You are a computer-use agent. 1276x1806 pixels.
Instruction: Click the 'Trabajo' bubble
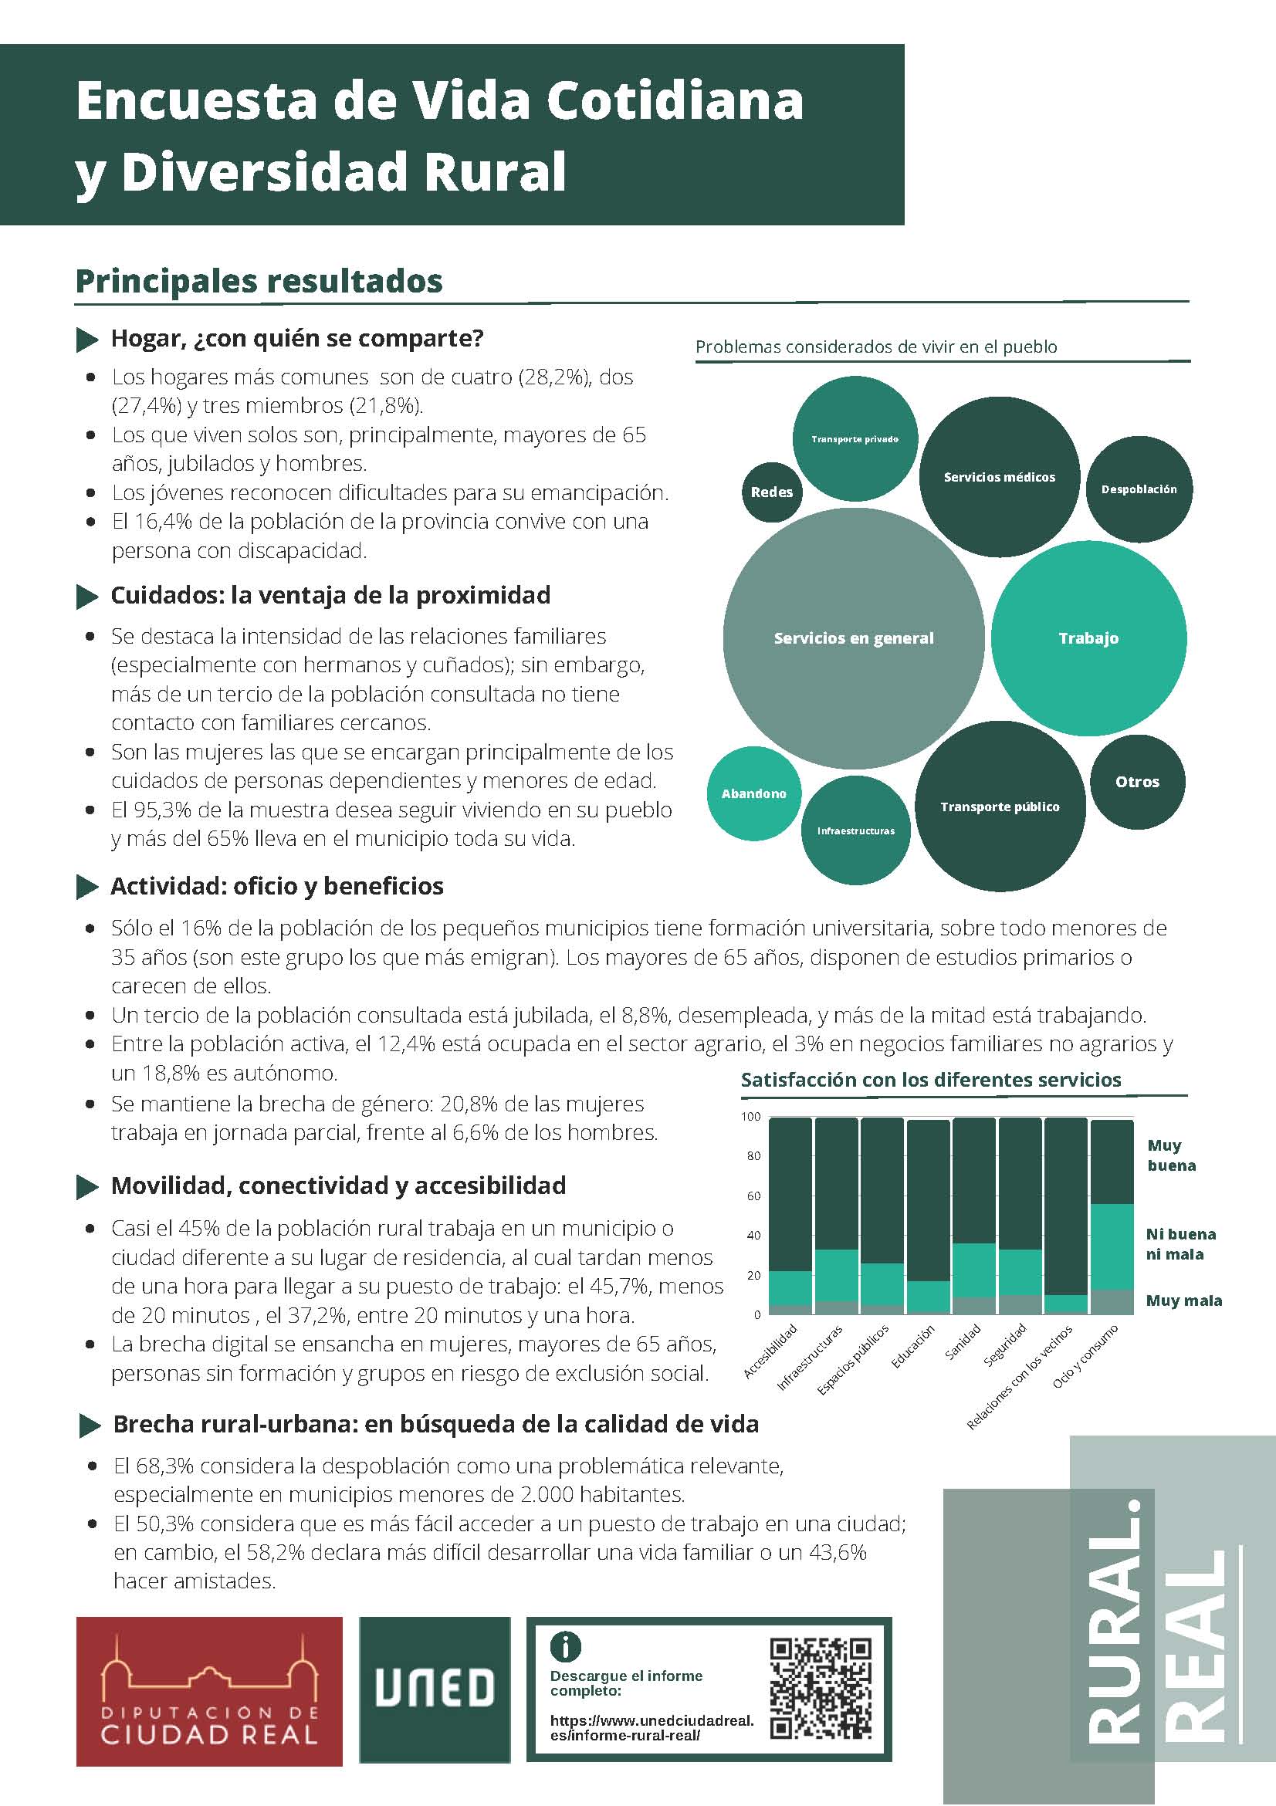[x=1088, y=638]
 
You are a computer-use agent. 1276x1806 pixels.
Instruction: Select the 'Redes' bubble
[x=772, y=492]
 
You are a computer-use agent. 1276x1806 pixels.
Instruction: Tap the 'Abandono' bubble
[x=753, y=793]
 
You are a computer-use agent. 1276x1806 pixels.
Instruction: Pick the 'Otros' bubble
[x=1137, y=781]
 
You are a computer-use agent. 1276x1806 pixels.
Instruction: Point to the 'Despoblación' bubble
[x=1139, y=489]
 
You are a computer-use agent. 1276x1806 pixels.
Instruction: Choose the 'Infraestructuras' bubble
[x=856, y=830]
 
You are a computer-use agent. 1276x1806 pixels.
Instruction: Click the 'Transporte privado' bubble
[x=855, y=439]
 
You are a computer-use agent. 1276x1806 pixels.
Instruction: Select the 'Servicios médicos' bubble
[x=999, y=477]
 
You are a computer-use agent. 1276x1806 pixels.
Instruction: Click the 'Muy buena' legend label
[x=1170, y=1155]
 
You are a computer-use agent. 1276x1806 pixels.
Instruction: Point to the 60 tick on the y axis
[x=753, y=1196]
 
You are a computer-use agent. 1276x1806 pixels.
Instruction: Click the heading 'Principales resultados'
[x=259, y=281]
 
